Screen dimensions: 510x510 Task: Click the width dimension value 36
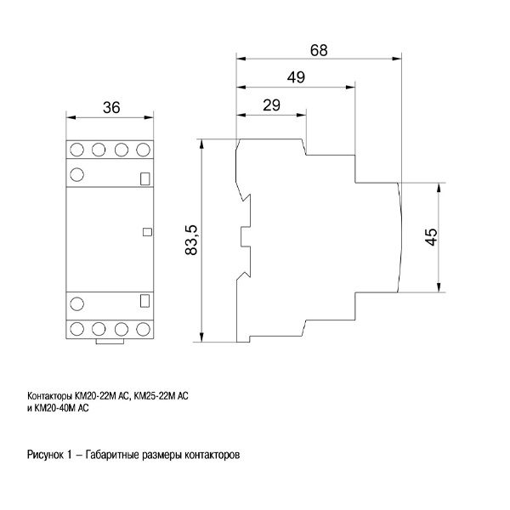pos(110,107)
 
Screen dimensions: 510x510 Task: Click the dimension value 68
pos(319,49)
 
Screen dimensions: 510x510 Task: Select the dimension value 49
pos(296,77)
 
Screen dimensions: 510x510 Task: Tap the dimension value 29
pos(271,105)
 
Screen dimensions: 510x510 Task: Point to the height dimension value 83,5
pos(191,241)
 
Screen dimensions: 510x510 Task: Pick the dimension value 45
pos(431,237)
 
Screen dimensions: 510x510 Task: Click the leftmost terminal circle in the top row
pos(76,150)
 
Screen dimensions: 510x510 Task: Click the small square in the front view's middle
pos(146,230)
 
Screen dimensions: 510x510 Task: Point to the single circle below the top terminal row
pos(76,175)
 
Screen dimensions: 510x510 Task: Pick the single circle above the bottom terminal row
pos(76,303)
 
